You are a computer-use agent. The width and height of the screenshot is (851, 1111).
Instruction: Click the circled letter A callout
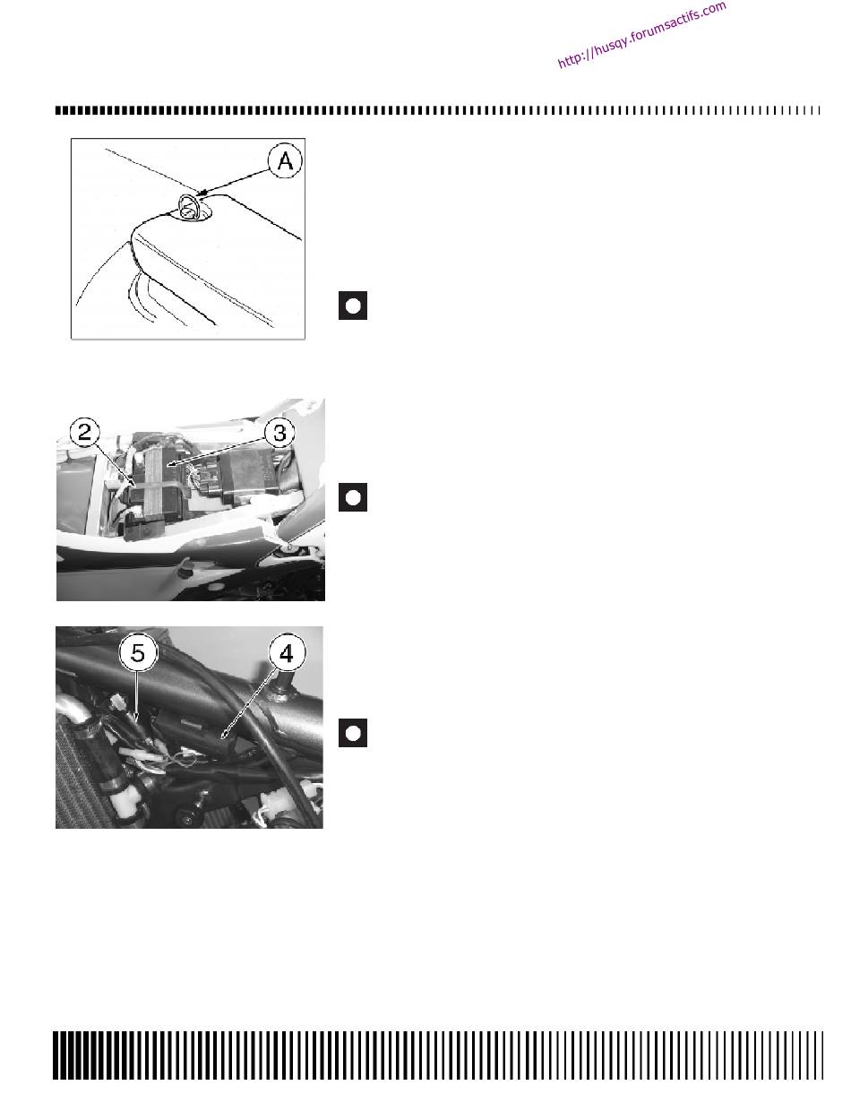[284, 160]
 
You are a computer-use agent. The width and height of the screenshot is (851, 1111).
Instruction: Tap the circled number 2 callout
[85, 433]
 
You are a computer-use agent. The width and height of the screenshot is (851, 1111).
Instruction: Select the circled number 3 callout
[279, 433]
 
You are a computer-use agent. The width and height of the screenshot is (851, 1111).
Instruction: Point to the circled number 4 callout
[287, 653]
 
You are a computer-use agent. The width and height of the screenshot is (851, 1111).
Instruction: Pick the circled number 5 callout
[138, 653]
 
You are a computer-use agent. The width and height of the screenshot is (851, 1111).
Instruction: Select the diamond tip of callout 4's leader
[224, 736]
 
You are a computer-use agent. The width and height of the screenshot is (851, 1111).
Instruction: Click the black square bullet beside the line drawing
[353, 306]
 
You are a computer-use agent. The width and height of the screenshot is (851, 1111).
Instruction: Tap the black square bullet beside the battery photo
[353, 497]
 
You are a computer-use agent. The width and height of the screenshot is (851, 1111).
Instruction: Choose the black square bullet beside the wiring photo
[353, 733]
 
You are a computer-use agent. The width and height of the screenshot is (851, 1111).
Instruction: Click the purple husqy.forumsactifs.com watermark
[641, 35]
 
